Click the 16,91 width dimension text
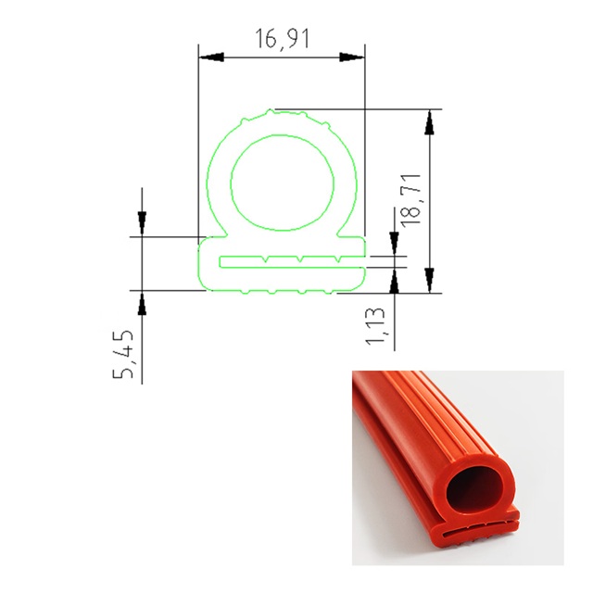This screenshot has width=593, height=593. pyautogui.click(x=283, y=39)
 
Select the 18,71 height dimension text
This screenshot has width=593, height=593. pyautogui.click(x=411, y=201)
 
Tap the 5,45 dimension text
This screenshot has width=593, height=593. pyautogui.click(x=123, y=354)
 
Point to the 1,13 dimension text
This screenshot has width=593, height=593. pyautogui.click(x=375, y=325)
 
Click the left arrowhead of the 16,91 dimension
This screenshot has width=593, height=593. pyautogui.click(x=211, y=57)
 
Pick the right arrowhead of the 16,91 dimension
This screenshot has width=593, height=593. pyautogui.click(x=352, y=57)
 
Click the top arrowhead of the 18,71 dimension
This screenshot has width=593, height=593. pyautogui.click(x=429, y=121)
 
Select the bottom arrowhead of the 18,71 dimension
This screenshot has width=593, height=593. pyautogui.click(x=429, y=280)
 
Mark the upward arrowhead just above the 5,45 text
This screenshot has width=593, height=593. pyautogui.click(x=142, y=303)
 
